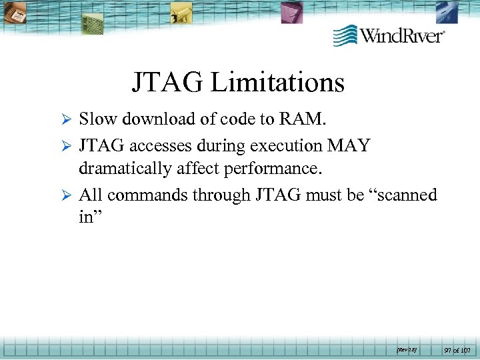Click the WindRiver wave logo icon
(x=345, y=35)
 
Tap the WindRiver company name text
(x=403, y=35)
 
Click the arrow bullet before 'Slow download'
(x=65, y=120)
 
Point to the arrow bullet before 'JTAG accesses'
(x=65, y=145)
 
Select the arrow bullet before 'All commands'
(x=65, y=196)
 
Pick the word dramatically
(x=125, y=169)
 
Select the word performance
(x=273, y=169)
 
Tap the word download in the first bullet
(x=150, y=119)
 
